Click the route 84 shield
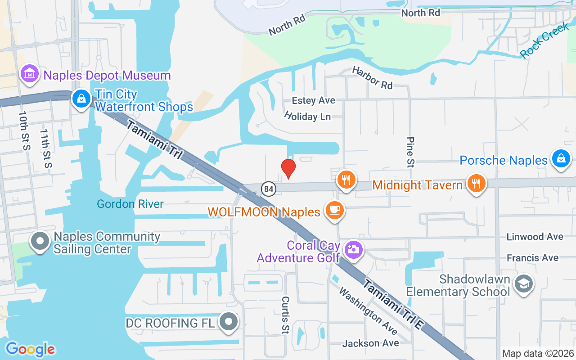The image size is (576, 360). [269, 189]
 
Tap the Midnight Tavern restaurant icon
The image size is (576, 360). [476, 184]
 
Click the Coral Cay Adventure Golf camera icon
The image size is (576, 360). [354, 250]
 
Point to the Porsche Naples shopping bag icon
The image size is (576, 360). [561, 159]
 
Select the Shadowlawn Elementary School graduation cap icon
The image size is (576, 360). [524, 284]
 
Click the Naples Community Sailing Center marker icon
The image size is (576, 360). [40, 242]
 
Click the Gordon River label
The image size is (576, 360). [130, 204]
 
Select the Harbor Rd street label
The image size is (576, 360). [372, 77]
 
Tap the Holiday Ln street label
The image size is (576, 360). [307, 116]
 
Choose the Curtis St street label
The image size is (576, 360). [285, 315]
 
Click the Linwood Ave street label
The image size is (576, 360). [535, 237]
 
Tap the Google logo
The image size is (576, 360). [30, 349]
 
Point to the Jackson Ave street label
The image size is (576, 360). [370, 343]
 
